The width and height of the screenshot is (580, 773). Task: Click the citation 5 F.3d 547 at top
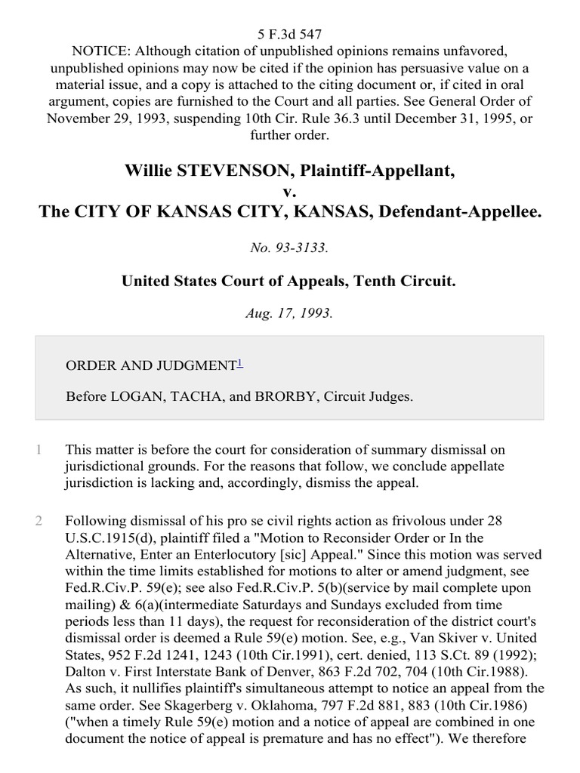click(x=289, y=33)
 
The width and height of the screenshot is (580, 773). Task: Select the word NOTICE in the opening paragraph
click(x=97, y=50)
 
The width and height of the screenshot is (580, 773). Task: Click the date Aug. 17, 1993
click(x=289, y=313)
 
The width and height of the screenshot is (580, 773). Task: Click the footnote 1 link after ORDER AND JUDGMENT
click(x=240, y=364)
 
